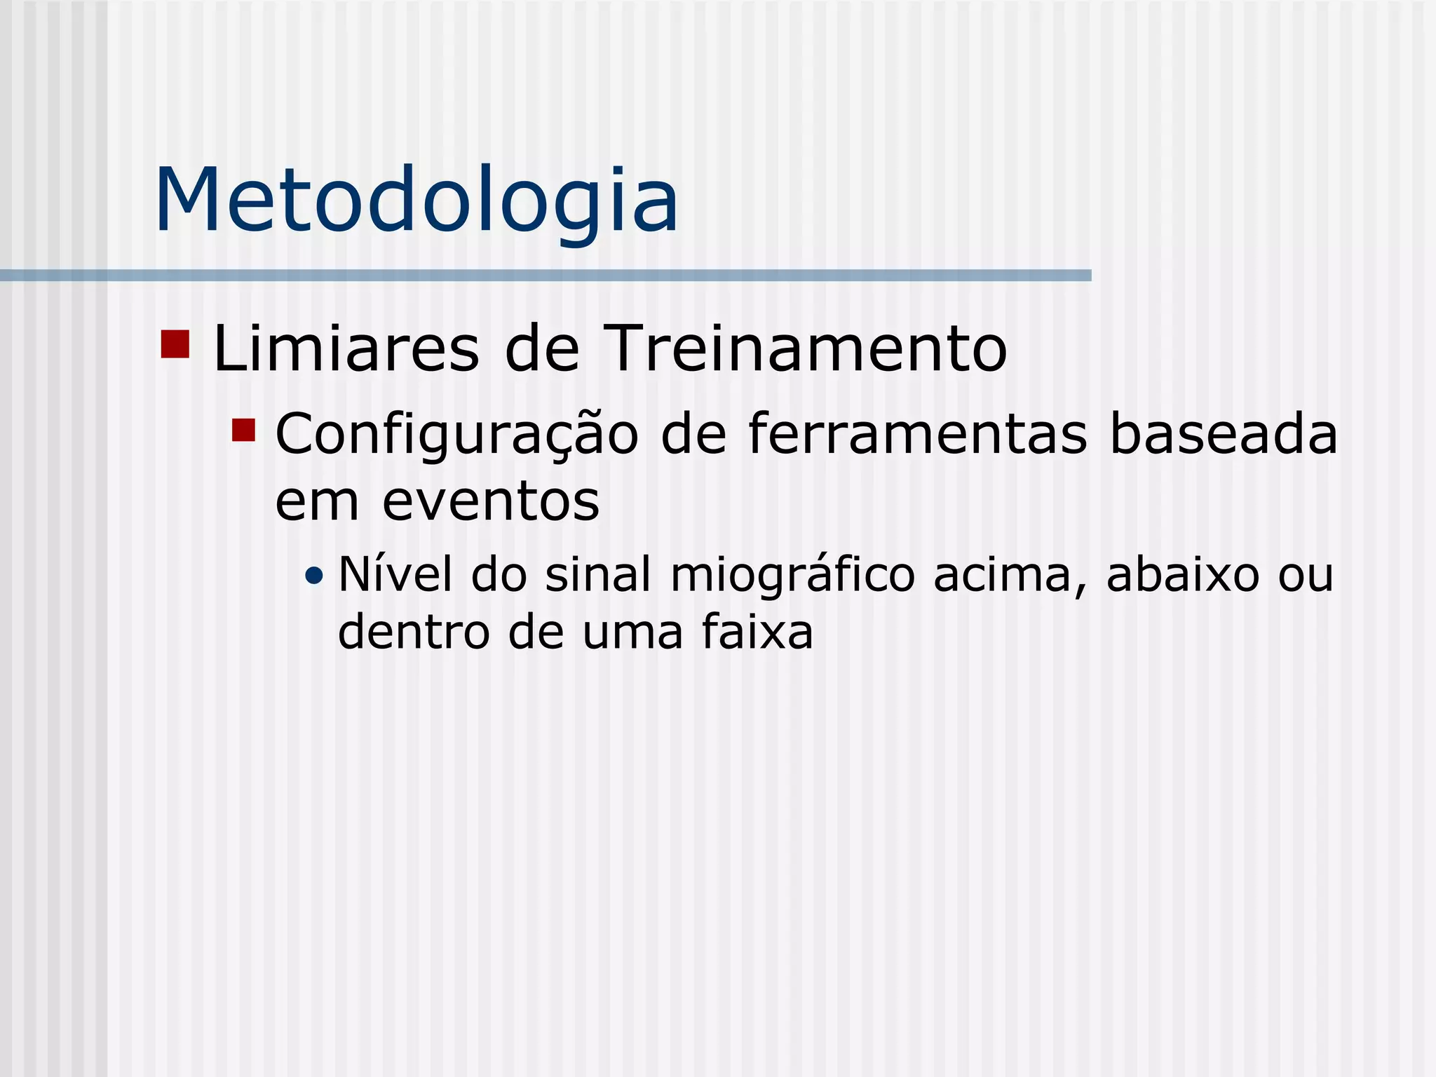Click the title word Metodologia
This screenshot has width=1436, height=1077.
tap(416, 201)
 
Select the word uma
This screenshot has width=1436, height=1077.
tap(632, 633)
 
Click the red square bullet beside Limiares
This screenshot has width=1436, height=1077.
tap(175, 344)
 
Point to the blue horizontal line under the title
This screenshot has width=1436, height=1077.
tap(546, 276)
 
